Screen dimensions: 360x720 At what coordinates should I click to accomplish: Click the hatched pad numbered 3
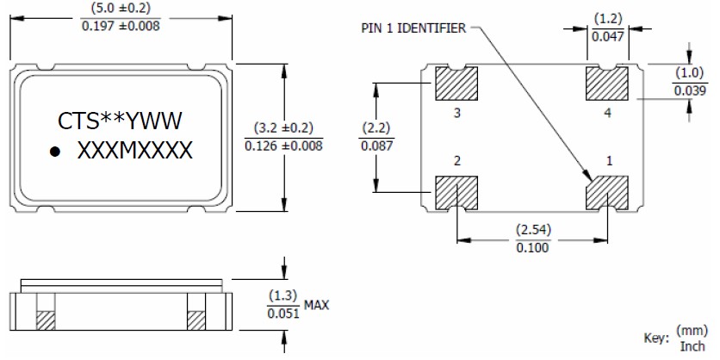[x=456, y=84]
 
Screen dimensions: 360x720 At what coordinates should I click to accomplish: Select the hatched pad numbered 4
[x=608, y=84]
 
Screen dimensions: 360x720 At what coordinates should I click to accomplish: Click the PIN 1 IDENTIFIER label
[x=413, y=28]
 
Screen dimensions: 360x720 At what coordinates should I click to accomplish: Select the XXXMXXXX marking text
[x=135, y=152]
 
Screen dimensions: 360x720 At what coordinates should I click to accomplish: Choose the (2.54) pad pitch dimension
[x=532, y=231]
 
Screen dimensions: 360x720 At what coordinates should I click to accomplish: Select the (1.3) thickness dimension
[x=283, y=295]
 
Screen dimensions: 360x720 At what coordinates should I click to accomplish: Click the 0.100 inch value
[x=532, y=248]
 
